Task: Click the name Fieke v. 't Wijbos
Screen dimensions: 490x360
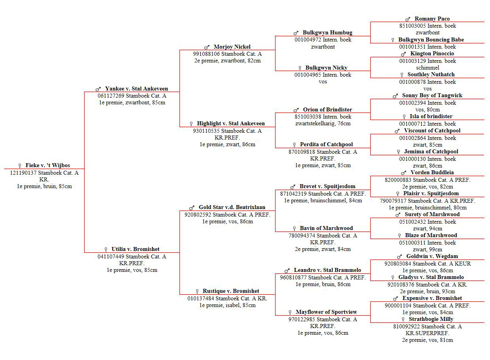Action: pos(48,165)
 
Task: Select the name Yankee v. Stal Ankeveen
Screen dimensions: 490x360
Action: pos(136,89)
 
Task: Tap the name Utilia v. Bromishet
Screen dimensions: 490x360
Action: pos(136,249)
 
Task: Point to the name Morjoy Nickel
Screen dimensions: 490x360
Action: pos(232,47)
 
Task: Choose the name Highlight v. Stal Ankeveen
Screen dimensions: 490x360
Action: pos(231,124)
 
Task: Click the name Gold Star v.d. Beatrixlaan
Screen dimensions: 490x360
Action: pos(232,207)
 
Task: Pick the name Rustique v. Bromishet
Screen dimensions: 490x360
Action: pos(231,291)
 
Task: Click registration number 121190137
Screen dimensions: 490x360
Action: pos(23,173)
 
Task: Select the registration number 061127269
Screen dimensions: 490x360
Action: pos(111,96)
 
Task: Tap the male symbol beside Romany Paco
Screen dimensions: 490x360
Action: pos(407,19)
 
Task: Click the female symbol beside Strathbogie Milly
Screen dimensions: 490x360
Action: pos(403,320)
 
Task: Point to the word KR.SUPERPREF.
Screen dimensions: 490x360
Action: pos(427,333)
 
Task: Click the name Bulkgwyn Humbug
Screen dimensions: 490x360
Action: pos(328,32)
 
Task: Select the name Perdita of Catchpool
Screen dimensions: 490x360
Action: pos(326,144)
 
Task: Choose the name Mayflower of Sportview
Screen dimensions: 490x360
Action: pos(326,312)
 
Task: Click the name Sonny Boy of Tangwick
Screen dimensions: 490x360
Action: pos(432,96)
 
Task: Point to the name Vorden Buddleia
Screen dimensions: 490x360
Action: pos(432,173)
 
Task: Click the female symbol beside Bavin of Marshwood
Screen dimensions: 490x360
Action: pos(294,228)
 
